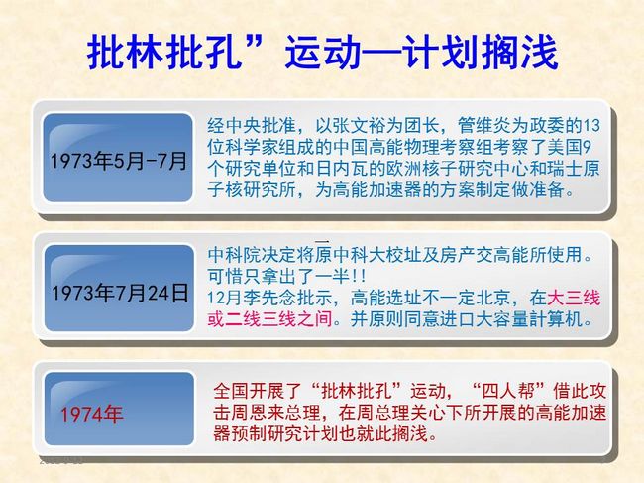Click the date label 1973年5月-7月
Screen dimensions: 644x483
click(118, 161)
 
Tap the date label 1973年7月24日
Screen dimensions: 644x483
click(120, 293)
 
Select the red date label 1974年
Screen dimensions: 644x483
click(91, 414)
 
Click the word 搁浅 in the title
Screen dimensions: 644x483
click(519, 53)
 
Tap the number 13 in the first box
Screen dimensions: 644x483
click(591, 125)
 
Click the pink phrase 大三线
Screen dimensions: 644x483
click(574, 298)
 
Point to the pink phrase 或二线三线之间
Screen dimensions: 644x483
click(269, 319)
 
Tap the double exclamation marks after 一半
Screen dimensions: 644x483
click(358, 277)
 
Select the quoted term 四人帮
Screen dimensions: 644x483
click(508, 391)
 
